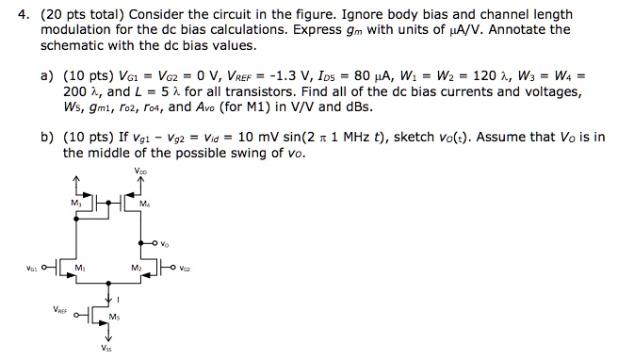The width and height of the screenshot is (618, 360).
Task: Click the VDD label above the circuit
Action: pos(139,172)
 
